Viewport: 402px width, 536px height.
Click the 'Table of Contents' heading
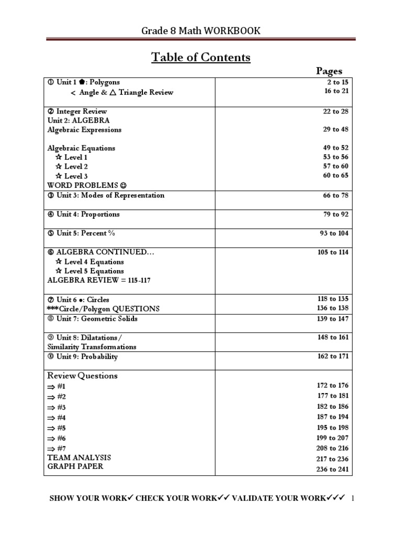click(201, 57)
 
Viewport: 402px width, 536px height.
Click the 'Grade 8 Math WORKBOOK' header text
click(201, 31)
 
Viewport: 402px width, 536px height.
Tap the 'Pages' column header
click(329, 71)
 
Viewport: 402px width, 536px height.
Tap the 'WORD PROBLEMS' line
click(87, 185)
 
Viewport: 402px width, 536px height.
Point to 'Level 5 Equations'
click(90, 271)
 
